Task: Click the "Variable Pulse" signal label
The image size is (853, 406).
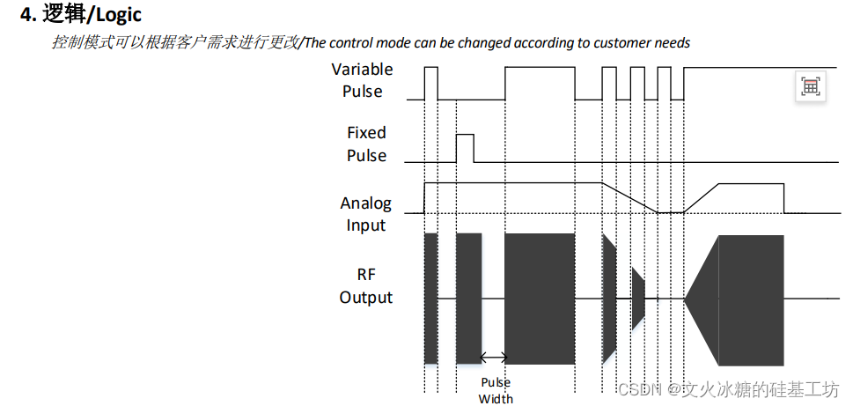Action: [362, 80]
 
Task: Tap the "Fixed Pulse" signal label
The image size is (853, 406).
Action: [366, 144]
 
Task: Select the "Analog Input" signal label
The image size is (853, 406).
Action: [365, 214]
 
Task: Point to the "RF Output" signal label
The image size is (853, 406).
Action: [365, 285]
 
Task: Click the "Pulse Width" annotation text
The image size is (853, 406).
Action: [495, 390]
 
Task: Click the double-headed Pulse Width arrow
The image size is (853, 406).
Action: [494, 357]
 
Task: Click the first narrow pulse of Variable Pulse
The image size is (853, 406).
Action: [430, 83]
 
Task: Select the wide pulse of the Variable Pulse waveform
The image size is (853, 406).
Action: [540, 83]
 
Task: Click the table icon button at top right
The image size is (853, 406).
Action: [810, 86]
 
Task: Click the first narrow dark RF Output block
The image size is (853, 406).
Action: [430, 299]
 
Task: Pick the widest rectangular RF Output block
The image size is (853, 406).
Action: [540, 299]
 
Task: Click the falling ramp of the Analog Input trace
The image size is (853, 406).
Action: [629, 197]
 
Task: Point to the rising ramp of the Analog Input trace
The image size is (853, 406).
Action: [702, 197]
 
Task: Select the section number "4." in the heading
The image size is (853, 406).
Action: [28, 15]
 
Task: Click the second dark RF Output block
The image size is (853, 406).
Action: [468, 299]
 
